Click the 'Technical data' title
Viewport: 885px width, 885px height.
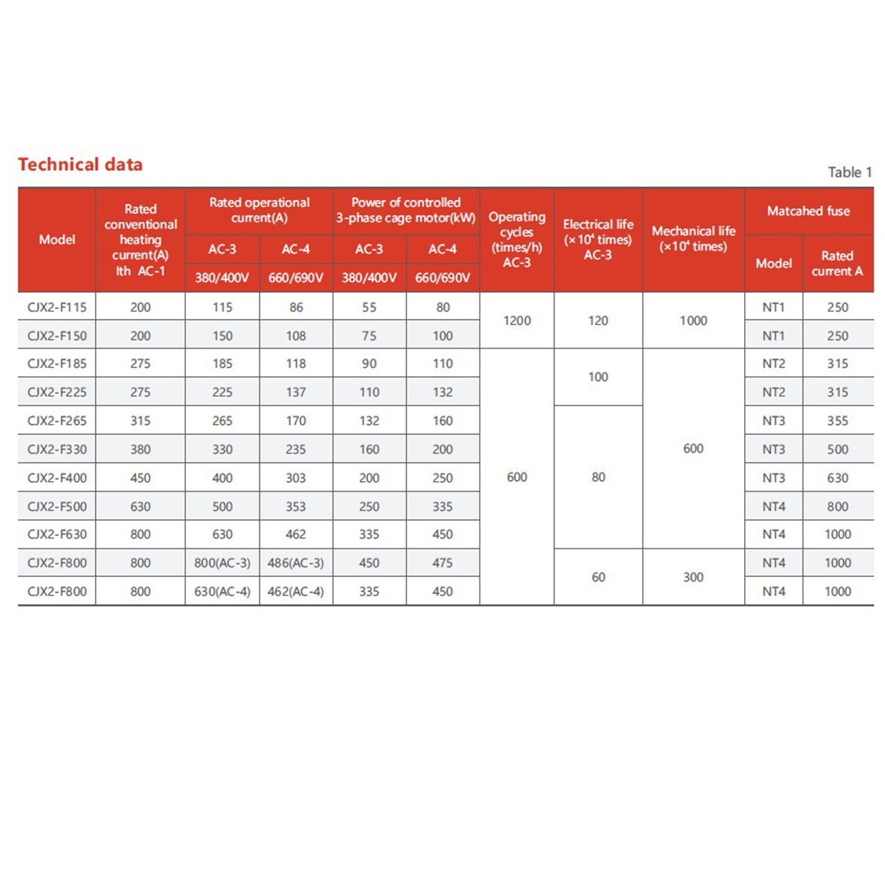(80, 165)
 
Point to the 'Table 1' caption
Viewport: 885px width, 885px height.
(850, 172)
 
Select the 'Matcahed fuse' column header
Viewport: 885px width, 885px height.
(808, 211)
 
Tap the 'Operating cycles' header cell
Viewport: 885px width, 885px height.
(516, 239)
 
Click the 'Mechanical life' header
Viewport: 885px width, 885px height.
(693, 239)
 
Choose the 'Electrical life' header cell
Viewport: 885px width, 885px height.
(598, 239)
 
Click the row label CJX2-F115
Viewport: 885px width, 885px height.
(57, 307)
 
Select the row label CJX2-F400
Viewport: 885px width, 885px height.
(57, 478)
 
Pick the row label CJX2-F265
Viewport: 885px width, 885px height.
(57, 421)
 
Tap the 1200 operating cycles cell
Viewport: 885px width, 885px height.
(516, 321)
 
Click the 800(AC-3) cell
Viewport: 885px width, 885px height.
(222, 563)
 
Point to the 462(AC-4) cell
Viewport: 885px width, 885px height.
(295, 591)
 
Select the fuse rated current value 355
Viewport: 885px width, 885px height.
(837, 421)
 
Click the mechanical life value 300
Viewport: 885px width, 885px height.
(693, 577)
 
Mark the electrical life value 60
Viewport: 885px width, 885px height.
(598, 577)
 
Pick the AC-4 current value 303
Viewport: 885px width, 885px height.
(295, 478)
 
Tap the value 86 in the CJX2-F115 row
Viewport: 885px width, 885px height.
(296, 307)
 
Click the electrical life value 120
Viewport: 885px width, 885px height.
(598, 321)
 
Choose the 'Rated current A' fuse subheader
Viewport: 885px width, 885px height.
(837, 264)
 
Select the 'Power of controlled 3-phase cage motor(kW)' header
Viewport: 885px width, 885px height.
(405, 211)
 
